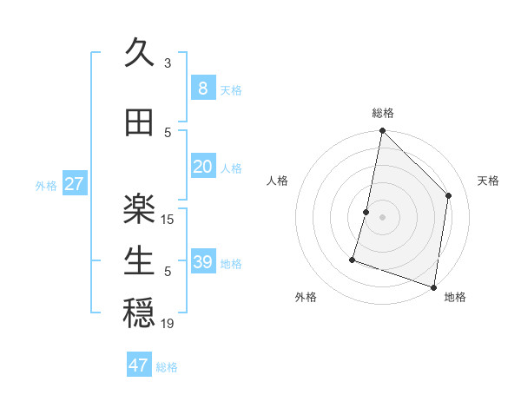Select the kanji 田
[139, 122]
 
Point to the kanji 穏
[139, 313]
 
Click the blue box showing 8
[202, 88]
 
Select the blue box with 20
[202, 167]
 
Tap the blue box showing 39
[202, 262]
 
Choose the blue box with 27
[74, 184]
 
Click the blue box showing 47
[139, 365]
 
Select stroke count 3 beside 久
[168, 63]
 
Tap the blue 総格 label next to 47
[167, 367]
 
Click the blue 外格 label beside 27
[46, 185]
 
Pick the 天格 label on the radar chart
[488, 181]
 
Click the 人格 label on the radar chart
[277, 181]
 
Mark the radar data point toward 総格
[382, 131]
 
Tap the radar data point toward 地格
[433, 286]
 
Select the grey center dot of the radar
[382, 217]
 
